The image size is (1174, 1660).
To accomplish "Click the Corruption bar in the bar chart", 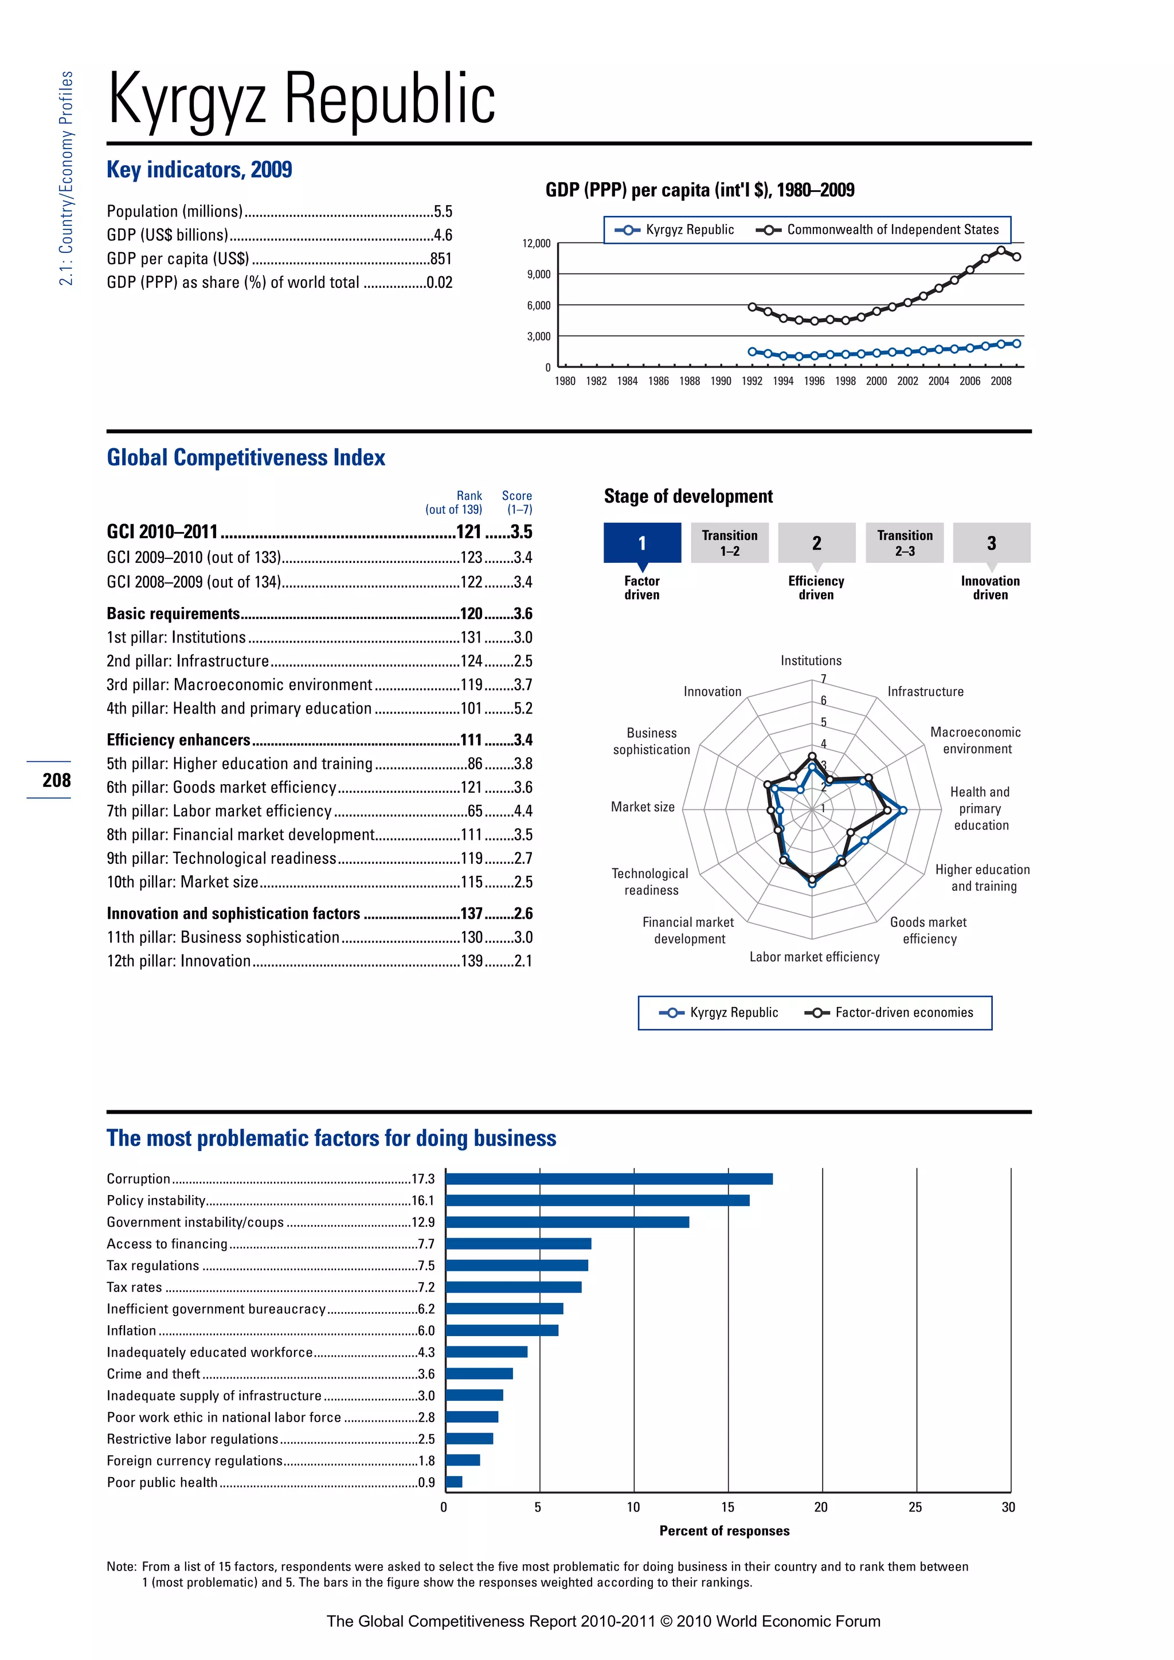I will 609,1179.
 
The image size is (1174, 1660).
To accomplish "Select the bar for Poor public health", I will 454,1482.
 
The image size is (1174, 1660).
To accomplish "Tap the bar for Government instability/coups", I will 568,1223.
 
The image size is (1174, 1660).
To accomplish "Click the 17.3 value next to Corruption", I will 423,1179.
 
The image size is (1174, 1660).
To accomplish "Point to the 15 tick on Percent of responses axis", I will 727,1508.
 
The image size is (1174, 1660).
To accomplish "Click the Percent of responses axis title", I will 725,1530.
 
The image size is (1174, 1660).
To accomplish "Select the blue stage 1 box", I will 642,543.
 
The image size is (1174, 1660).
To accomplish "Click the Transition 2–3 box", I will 905,543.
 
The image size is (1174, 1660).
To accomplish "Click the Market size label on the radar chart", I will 643,807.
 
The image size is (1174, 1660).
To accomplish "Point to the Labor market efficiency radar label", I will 814,957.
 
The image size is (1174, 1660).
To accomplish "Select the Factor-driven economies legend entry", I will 903,1013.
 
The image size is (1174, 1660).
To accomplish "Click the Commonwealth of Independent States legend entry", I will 892,230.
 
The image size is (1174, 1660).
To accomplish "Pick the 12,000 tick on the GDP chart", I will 537,244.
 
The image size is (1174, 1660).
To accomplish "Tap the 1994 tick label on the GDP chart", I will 783,381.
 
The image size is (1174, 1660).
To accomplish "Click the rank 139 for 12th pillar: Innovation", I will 471,961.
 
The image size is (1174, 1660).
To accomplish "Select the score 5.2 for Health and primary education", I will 523,708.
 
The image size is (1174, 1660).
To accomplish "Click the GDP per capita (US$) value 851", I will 440,259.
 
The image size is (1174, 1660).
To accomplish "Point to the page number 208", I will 56,780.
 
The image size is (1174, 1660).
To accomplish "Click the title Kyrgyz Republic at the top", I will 302,99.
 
